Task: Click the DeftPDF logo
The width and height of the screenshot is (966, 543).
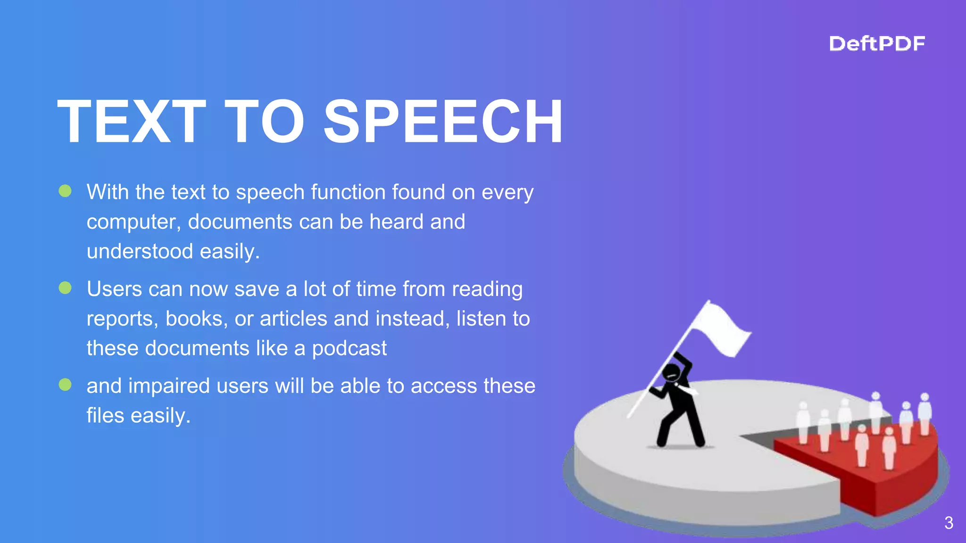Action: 876,44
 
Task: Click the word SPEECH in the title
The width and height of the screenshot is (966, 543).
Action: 443,122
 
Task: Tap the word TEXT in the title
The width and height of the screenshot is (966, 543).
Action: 132,122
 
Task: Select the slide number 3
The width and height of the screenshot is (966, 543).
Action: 949,523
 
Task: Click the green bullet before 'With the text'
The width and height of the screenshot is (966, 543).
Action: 65,191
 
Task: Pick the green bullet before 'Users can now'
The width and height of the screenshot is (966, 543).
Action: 65,288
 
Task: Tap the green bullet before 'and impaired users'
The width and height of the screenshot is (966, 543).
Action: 65,385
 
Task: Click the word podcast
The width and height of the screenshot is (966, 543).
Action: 349,349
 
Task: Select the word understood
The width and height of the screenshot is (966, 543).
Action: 140,251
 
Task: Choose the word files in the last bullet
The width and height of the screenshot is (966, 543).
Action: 105,416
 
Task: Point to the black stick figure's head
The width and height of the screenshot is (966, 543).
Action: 671,372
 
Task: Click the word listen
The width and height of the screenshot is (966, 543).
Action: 480,319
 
